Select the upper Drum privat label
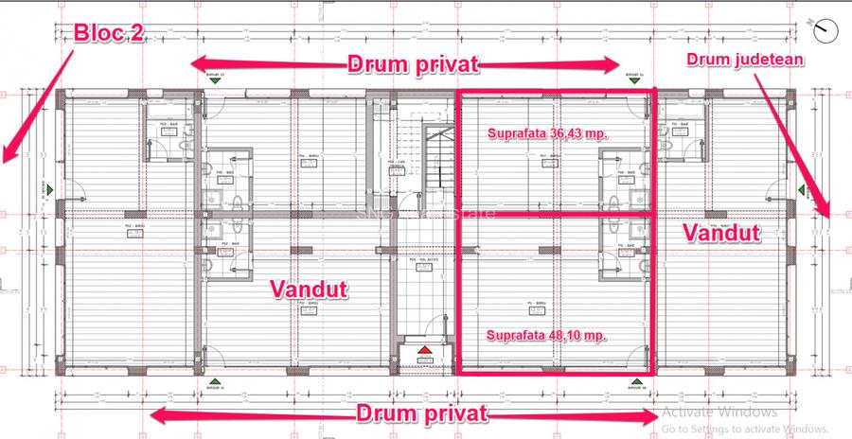pos(413,64)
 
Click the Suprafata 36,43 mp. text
pos(546,133)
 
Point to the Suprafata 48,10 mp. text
pos(546,334)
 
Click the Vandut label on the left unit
pos(308,288)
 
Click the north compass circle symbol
pos(826,30)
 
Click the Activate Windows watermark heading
pos(719,413)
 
